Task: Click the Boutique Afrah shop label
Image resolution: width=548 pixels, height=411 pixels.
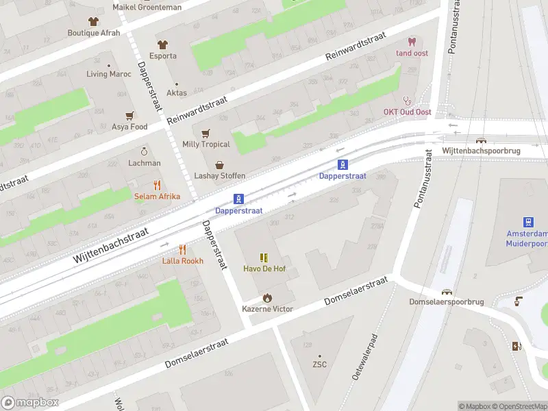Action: point(93,32)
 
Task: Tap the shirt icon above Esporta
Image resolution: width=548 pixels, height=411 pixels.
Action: point(163,45)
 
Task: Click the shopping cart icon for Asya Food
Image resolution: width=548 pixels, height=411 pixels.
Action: point(129,116)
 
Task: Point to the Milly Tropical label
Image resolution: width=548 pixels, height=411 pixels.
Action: point(206,144)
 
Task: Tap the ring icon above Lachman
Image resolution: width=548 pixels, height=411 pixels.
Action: point(145,151)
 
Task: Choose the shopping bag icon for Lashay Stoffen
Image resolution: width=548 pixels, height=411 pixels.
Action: point(219,165)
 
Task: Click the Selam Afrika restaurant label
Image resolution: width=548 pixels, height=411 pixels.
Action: point(157,197)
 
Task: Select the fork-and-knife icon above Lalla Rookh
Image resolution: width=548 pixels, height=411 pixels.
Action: point(182,249)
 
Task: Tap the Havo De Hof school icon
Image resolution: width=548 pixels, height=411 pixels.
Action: point(264,258)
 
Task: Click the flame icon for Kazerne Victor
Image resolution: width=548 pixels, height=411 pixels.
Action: point(267,298)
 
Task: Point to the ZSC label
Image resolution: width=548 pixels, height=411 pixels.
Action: point(319,364)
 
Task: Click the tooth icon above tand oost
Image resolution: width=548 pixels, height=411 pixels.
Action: point(412,42)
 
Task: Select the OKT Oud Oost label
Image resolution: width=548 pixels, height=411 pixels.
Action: point(407,112)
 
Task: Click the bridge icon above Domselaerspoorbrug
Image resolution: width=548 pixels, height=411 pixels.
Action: point(447,291)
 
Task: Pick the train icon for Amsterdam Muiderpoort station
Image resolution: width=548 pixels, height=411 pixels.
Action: point(528,222)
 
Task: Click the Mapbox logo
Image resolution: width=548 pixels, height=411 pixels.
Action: point(30,403)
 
